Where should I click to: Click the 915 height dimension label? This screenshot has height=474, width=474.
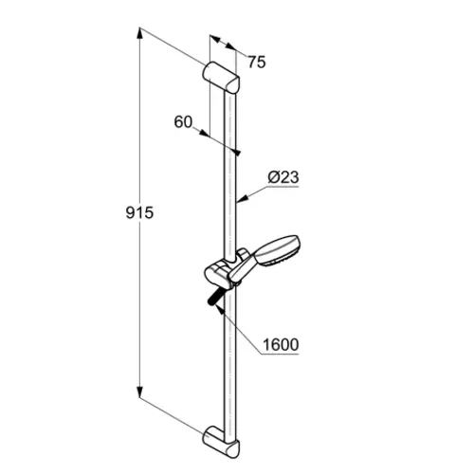pyautogui.click(x=139, y=212)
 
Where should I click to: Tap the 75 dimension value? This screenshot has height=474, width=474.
pyautogui.click(x=257, y=63)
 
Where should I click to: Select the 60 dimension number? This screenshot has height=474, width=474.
pyautogui.click(x=183, y=122)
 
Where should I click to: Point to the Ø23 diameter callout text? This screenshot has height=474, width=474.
pyautogui.click(x=283, y=177)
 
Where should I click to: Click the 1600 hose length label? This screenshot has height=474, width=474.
pyautogui.click(x=281, y=344)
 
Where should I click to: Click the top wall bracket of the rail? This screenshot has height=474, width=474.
pyautogui.click(x=221, y=78)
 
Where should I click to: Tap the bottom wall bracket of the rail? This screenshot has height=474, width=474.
pyautogui.click(x=221, y=442)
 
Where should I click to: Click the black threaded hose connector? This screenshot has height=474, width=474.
pyautogui.click(x=215, y=298)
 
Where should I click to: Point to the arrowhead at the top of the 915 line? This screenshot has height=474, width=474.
pyautogui.click(x=139, y=33)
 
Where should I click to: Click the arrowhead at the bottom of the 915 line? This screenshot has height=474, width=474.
pyautogui.click(x=139, y=392)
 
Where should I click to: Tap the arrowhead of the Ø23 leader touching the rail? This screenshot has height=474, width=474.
pyautogui.click(x=242, y=199)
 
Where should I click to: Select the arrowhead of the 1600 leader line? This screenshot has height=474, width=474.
pyautogui.click(x=219, y=309)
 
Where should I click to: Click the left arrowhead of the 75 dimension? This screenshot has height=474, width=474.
pyautogui.click(x=215, y=39)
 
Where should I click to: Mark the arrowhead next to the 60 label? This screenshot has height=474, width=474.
pyautogui.click(x=204, y=134)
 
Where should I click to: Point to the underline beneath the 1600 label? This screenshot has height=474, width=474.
pyautogui.click(x=280, y=354)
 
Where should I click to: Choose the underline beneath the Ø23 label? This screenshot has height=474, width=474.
pyautogui.click(x=283, y=187)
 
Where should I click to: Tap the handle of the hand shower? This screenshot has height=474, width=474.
pyautogui.click(x=243, y=268)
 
